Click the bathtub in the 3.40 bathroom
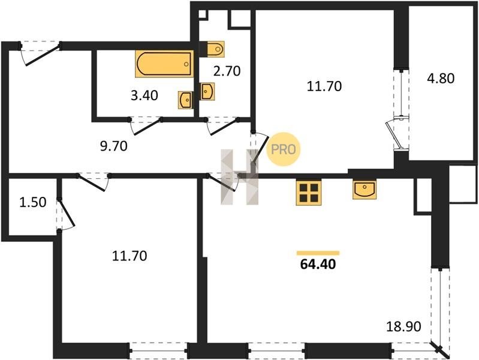164,64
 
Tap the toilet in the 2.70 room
215,49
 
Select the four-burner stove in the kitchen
309,193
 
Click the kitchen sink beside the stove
364,190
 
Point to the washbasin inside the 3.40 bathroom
185,100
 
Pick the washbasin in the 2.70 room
207,91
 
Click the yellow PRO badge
284,149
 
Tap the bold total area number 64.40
318,264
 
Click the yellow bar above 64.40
318,253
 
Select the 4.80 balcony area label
441,79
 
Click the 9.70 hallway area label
114,146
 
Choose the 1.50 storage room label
33,202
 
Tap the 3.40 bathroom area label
144,95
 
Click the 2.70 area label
227,71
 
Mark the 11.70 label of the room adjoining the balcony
324,86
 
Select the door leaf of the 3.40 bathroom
147,127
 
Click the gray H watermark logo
240,177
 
